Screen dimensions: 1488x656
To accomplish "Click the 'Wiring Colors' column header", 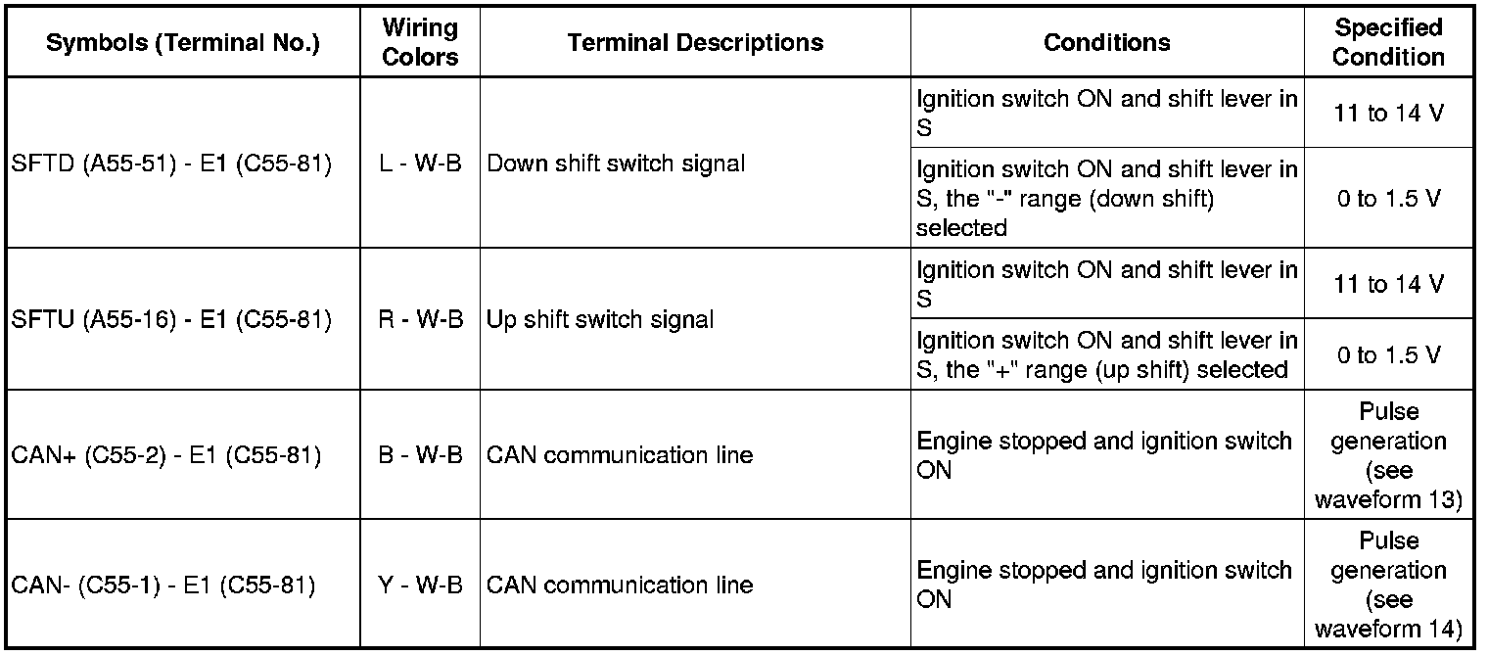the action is [420, 42].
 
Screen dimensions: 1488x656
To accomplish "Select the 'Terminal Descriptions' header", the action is [695, 42].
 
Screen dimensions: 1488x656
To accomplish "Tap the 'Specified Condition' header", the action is [1388, 42].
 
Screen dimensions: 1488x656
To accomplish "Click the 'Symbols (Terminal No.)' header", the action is [183, 43].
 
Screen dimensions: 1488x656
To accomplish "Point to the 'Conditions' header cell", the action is [1106, 42].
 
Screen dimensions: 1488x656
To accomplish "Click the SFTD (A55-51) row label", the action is [171, 164].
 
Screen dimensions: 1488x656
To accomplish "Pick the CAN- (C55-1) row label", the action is [163, 586].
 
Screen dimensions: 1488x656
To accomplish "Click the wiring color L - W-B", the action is [420, 164].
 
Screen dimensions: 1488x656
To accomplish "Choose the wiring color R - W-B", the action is [420, 319].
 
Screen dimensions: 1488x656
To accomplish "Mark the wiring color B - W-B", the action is [420, 455].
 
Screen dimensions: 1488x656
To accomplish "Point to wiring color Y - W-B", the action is [420, 586].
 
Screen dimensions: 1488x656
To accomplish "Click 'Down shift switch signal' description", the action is [616, 164].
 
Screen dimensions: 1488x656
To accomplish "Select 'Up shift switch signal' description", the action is [600, 319].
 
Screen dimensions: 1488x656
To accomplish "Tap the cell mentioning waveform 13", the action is [1388, 456].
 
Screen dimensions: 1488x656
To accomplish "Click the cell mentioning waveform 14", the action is [1388, 585].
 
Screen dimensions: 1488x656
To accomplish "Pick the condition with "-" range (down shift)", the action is [1106, 199].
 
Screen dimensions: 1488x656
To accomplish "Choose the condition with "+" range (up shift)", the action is [1106, 354].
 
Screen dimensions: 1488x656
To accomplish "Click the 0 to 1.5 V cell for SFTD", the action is [1388, 199].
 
